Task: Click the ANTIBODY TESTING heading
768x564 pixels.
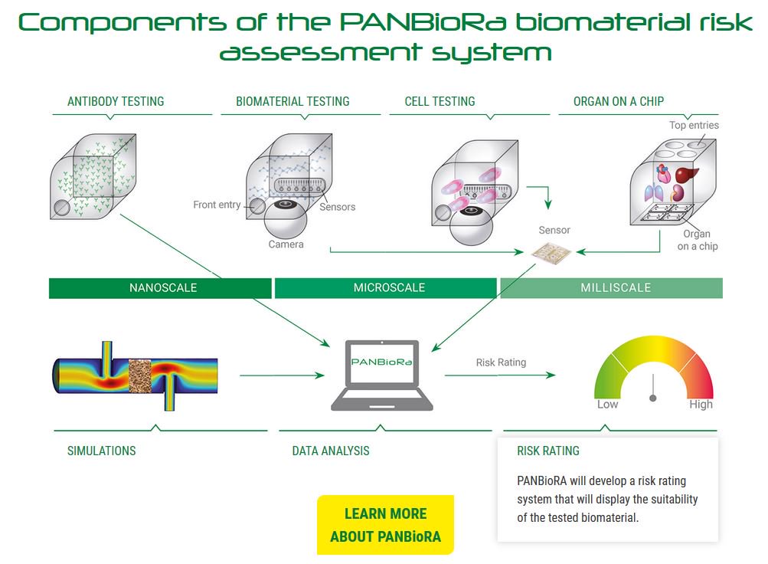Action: pos(116,101)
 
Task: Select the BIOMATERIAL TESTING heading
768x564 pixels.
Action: pos(292,101)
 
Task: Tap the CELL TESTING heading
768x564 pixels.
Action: pos(440,101)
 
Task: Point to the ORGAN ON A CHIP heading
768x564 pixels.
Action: pos(619,101)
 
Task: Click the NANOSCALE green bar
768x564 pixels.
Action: pos(160,288)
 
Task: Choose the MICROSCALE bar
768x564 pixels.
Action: pos(385,288)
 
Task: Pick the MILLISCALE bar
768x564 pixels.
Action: pos(611,288)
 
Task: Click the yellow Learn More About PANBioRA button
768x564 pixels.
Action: pos(385,525)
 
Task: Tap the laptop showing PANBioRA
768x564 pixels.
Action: pos(382,375)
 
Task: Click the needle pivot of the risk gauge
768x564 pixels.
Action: pos(653,398)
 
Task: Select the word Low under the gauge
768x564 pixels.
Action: pos(607,405)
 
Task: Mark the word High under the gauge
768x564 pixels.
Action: pos(701,405)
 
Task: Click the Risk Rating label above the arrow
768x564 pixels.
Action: pos(501,362)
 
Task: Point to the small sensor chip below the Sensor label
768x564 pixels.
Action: pos(551,252)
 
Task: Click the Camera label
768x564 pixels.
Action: pos(286,244)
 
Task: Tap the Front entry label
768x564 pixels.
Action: pos(217,205)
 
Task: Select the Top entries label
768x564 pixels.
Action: pos(694,125)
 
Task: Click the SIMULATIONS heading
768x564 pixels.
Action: pos(101,451)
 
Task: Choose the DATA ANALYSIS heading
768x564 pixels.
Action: pos(331,451)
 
